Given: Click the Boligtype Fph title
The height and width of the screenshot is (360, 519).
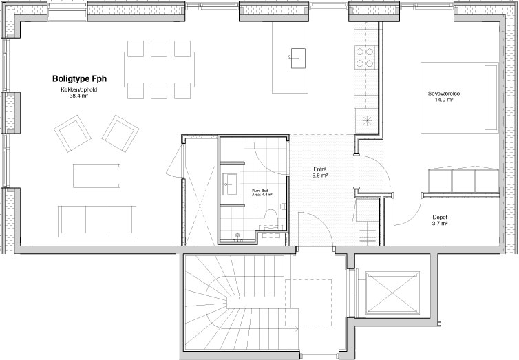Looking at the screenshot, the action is [x=79, y=79].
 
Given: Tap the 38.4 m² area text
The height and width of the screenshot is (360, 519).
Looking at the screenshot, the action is [x=78, y=96].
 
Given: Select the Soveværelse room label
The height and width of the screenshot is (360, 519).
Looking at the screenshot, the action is [x=444, y=94].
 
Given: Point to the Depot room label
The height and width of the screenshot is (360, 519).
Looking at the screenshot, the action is [x=440, y=218].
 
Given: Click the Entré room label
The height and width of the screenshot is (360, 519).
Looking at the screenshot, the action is [x=320, y=169].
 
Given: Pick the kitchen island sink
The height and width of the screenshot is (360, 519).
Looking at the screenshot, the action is [x=298, y=59].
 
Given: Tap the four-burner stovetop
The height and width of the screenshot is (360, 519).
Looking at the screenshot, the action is [x=364, y=57].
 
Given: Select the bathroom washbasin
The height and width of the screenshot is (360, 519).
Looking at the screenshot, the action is [x=230, y=184].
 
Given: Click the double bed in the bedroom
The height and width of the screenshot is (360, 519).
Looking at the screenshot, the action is [x=460, y=98].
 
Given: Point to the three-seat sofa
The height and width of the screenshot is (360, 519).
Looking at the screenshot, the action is [x=97, y=222].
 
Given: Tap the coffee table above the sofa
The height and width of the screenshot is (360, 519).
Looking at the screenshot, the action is [x=96, y=176].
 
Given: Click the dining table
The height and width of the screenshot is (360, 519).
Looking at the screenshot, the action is [x=159, y=70].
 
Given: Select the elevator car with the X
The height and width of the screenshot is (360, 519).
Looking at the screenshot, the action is [x=392, y=293].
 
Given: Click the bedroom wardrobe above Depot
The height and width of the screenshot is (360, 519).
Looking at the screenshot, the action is [x=463, y=180].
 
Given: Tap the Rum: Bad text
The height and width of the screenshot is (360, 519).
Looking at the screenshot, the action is [x=260, y=191].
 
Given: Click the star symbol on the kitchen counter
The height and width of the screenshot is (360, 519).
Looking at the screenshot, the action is [x=368, y=120].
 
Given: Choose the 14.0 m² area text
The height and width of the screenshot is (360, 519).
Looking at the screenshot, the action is [x=444, y=100].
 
